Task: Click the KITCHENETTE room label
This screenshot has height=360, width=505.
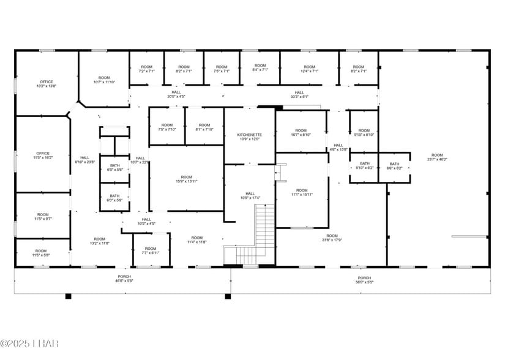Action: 249,137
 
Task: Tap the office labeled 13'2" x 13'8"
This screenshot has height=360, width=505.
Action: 47,84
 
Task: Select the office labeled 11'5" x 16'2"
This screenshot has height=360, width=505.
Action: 43,156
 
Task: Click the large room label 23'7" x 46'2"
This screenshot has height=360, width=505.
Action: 436,157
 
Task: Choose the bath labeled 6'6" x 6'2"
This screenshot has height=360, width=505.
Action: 394,166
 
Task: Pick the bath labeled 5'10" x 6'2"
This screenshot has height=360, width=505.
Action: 365,166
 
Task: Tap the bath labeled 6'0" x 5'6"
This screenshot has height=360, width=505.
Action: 115,167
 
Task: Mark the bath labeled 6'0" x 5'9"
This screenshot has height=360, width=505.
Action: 115,198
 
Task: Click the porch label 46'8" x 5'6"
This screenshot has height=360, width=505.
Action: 124,279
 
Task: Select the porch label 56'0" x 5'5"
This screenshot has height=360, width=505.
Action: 364,280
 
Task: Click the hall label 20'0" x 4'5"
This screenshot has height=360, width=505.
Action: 176,94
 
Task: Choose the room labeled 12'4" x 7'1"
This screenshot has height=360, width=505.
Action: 309,69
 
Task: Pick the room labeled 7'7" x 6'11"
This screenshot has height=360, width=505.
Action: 151,250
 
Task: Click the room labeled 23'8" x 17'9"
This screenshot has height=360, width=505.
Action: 332,238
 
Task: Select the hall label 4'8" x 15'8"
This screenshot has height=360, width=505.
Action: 339,147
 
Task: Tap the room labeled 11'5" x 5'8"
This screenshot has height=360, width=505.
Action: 41,253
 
